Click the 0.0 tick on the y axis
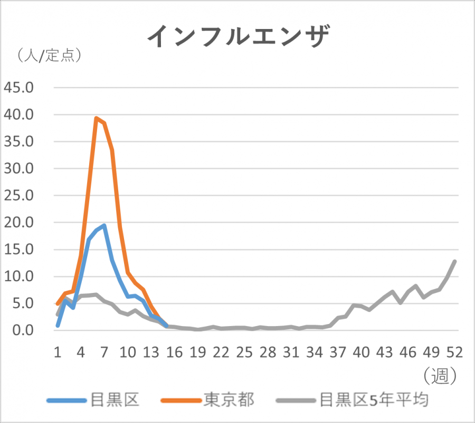pyautogui.click(x=24, y=330)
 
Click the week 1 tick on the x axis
pyautogui.click(x=58, y=352)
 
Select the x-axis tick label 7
pyautogui.click(x=104, y=352)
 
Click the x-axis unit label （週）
pyautogui.click(x=439, y=375)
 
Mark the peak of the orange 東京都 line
pyautogui.click(x=96, y=118)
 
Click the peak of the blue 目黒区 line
pyautogui.click(x=104, y=225)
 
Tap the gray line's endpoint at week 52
pyautogui.click(x=454, y=261)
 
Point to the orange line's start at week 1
pyautogui.click(x=58, y=304)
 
